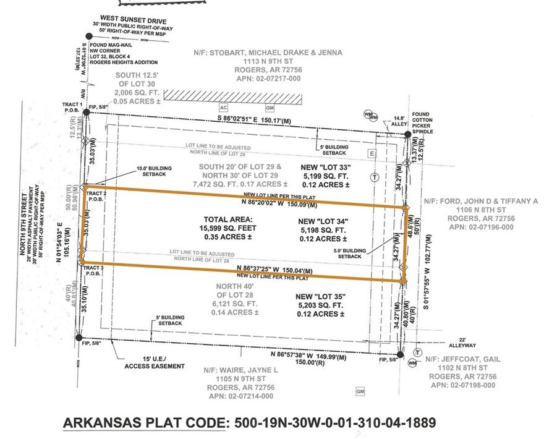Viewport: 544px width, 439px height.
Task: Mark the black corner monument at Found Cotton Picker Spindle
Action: coord(406,134)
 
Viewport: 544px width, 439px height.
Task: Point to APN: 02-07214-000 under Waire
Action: coord(238,396)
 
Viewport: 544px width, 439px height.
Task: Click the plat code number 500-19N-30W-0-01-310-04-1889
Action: coord(333,423)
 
